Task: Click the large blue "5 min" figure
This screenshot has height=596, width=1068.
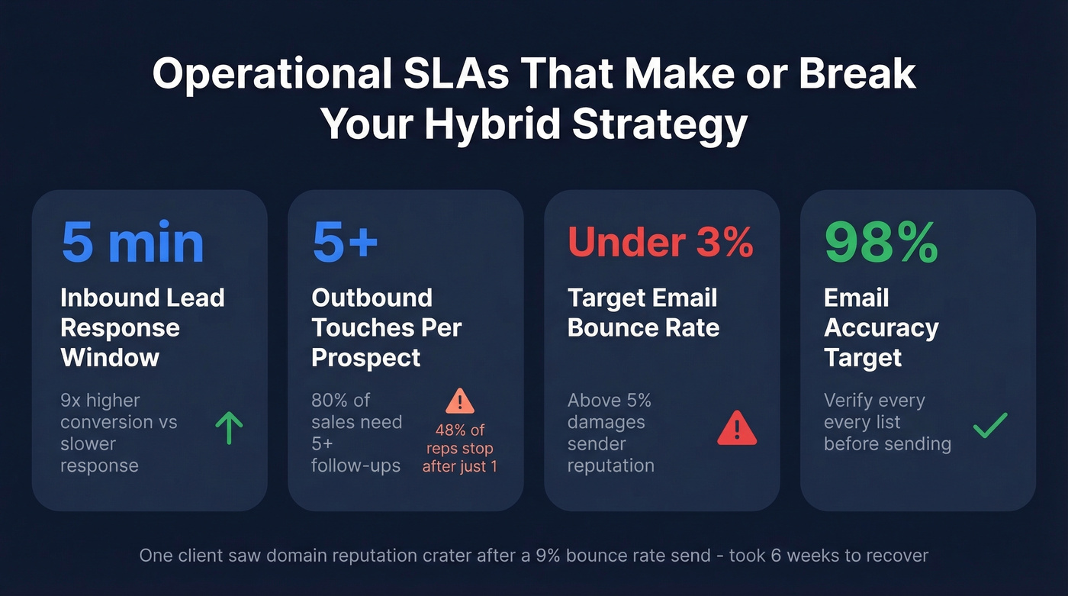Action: [133, 243]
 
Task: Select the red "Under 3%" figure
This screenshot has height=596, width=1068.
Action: [661, 243]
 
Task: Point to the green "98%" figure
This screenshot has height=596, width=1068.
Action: [881, 243]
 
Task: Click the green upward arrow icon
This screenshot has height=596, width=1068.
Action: [229, 428]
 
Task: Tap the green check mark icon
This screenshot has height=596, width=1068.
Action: [990, 426]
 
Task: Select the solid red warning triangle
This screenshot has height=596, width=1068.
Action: [737, 428]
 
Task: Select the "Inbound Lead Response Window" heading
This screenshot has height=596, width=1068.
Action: [142, 327]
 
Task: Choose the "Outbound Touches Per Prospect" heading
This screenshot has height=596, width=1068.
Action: [386, 327]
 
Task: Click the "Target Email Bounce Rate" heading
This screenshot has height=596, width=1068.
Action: [643, 313]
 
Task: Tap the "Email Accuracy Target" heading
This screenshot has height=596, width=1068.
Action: [880, 327]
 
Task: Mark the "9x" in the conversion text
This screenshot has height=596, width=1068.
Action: [72, 401]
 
